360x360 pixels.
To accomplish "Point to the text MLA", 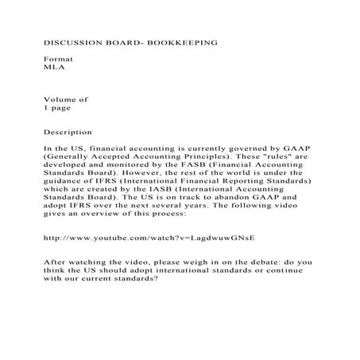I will [x=52, y=68].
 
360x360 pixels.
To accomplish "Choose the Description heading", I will [x=68, y=132].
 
